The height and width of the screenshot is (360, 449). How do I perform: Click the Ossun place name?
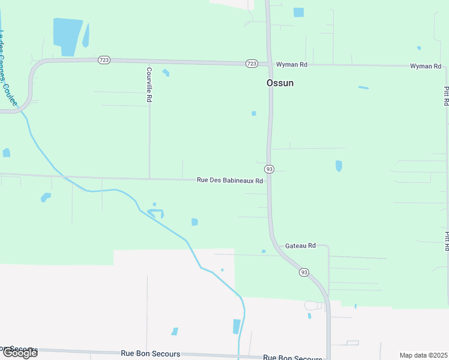point(280,83)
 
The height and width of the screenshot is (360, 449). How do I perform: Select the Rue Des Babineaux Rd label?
point(230,180)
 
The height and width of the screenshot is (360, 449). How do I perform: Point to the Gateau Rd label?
point(300,245)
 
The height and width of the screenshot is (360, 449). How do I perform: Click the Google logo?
point(19,352)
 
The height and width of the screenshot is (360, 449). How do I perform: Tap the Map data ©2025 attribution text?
point(423,355)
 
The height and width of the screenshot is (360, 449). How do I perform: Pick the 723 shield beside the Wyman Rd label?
point(252,64)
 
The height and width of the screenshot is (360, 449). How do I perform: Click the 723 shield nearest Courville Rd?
point(104,59)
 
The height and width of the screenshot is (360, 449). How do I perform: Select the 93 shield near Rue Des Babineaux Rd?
point(270,169)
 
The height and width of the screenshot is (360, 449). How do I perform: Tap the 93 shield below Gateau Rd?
point(304,272)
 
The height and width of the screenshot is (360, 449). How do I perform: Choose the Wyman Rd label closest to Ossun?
point(292,64)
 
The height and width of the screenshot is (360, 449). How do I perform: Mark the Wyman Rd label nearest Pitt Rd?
point(426,66)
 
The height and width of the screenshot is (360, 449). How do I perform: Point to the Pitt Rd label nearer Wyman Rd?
point(446,96)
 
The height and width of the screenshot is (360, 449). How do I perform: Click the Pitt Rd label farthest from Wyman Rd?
point(446,240)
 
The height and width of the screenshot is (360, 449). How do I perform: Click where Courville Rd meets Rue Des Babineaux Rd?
point(149,178)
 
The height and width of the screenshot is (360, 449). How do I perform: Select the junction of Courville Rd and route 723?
point(149,61)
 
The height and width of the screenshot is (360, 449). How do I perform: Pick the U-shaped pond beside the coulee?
point(156,212)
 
